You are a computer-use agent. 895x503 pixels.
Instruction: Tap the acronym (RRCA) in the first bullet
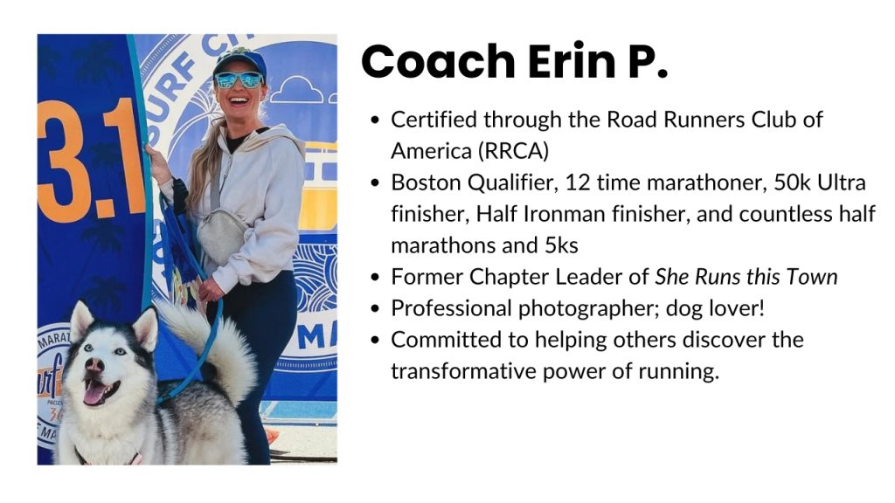point(513,151)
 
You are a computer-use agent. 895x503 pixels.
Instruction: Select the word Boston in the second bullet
point(427,183)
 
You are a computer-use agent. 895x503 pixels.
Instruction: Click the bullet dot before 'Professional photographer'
point(375,308)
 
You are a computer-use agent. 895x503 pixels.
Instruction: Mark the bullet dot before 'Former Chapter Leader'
point(375,277)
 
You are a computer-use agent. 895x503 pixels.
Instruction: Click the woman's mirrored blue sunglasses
point(239,79)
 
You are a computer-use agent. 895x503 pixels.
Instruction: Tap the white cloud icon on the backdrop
point(296,90)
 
